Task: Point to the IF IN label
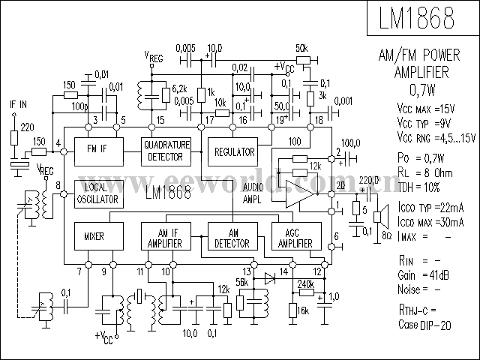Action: (17, 103)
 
